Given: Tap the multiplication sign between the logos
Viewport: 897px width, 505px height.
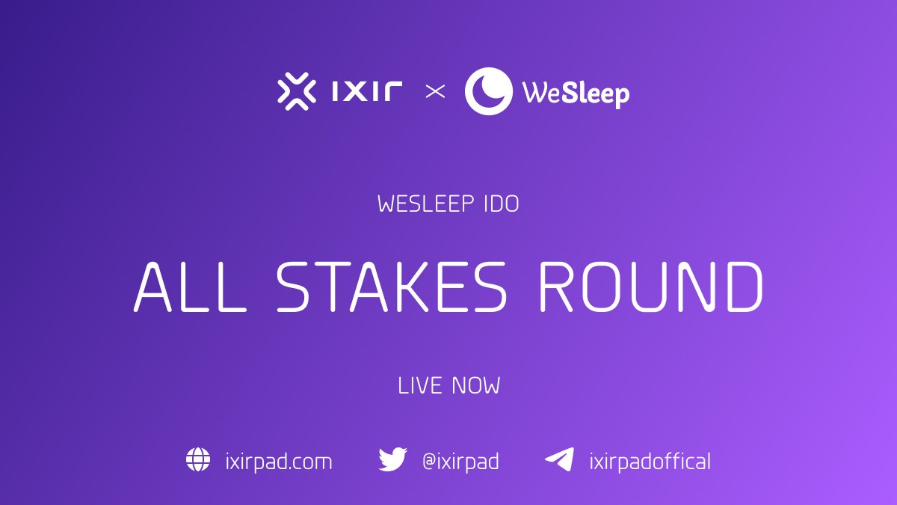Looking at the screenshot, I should (435, 92).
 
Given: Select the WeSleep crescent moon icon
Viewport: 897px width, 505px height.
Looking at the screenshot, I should (489, 92).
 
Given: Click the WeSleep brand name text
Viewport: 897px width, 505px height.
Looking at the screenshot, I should (576, 94).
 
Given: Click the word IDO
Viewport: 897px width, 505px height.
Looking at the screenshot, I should (500, 204).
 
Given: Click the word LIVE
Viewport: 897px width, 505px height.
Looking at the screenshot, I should (421, 386).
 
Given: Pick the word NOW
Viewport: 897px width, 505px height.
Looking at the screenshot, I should (475, 386).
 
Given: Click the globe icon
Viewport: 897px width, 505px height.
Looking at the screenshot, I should (198, 459).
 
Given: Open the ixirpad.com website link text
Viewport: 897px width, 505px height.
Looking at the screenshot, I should (278, 462).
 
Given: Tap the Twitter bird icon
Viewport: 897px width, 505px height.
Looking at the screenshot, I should (392, 459).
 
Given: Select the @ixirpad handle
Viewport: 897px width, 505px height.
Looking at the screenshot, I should (460, 462).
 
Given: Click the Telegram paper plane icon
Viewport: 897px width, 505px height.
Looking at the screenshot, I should (559, 459).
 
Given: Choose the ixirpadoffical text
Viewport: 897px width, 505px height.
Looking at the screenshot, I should (650, 462).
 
